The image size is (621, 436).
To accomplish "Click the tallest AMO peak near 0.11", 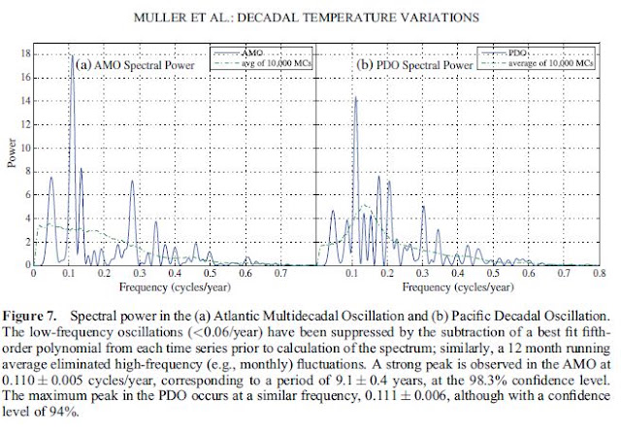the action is [72, 56].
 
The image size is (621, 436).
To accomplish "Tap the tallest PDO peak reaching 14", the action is [355, 97].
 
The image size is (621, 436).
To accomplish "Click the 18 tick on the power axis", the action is [26, 54].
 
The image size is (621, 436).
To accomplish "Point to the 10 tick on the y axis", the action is [26, 149].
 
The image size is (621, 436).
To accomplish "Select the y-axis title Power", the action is [12, 153].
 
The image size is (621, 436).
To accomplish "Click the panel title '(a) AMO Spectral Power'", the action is [135, 65].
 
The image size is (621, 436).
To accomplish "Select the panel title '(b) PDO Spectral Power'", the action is [414, 65].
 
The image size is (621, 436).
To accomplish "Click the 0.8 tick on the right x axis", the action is [600, 273].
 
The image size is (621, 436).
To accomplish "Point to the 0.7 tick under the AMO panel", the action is [280, 273].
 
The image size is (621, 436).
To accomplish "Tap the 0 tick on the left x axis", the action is [34, 273].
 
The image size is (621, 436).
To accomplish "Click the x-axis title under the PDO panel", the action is [458, 287].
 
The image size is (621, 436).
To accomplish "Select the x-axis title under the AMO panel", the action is [175, 287].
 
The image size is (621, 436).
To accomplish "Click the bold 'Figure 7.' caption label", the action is [30, 317].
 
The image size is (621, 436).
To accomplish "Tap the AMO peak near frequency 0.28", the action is [132, 182].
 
